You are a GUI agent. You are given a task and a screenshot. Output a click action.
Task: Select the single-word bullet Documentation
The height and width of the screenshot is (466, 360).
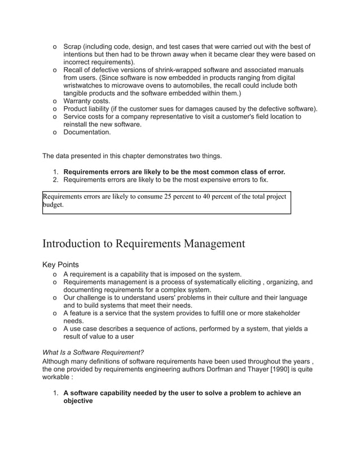click(x=87, y=133)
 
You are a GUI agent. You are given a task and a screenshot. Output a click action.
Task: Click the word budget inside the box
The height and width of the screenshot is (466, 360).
click(x=53, y=205)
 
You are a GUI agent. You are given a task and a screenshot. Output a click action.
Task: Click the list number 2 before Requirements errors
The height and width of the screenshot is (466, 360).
click(x=55, y=180)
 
